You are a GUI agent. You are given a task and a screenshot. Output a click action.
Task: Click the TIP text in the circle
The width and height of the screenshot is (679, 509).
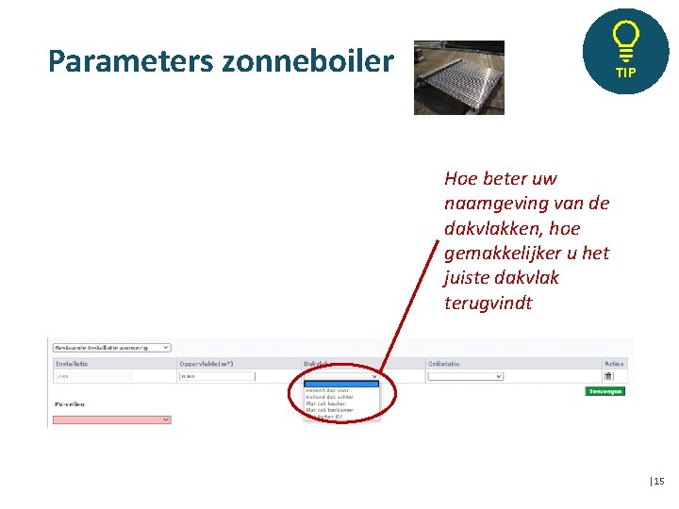point(626,73)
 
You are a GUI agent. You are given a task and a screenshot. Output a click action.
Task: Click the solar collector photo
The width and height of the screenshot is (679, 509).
point(459,77)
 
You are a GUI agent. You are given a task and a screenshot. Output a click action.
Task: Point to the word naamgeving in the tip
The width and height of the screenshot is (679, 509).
point(491,204)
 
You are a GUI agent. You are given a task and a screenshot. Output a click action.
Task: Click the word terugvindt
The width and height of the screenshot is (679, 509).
point(488,304)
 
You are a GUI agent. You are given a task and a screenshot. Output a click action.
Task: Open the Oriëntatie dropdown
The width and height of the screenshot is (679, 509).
point(465,376)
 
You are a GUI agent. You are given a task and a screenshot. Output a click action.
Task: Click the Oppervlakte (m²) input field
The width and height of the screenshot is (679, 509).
point(217,376)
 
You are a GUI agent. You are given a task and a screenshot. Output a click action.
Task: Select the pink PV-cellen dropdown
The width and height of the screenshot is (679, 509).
point(111,419)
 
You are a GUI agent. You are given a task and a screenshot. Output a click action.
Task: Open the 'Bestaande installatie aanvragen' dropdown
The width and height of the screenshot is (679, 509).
point(111,347)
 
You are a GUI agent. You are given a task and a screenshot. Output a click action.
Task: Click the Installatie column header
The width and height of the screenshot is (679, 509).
point(72,363)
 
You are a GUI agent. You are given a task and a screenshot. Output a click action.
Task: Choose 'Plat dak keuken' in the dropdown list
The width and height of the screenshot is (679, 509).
point(325,403)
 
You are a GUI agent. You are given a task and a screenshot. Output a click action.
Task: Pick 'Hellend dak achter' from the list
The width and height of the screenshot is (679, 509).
point(329,397)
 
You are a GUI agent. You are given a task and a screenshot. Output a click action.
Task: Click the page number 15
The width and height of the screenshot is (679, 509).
point(658,482)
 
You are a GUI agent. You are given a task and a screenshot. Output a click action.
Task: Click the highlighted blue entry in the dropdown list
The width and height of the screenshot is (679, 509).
point(340,384)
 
